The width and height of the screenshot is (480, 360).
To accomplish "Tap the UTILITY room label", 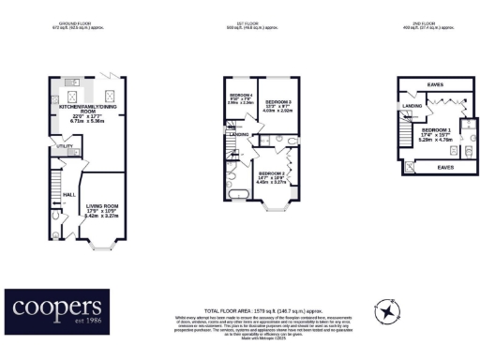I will tap(65, 147).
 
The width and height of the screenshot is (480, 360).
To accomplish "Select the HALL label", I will tap(68, 194).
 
